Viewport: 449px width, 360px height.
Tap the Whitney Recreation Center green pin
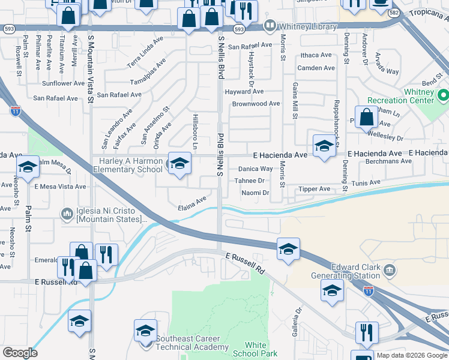(x=444, y=95)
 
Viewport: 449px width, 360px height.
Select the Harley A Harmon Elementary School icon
(x=178, y=164)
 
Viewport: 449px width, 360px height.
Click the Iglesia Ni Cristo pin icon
(x=67, y=213)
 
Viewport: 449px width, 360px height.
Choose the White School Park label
(x=256, y=349)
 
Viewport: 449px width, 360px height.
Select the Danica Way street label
(x=256, y=169)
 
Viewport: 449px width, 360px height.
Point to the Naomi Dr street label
(x=255, y=193)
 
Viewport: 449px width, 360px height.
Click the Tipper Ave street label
(x=315, y=189)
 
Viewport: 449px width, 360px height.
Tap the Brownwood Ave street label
(x=256, y=103)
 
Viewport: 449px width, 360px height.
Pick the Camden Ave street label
(x=316, y=68)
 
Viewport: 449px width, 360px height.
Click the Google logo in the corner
(x=20, y=353)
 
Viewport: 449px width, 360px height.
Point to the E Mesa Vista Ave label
(x=60, y=187)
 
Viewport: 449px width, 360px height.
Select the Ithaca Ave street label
(x=316, y=55)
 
